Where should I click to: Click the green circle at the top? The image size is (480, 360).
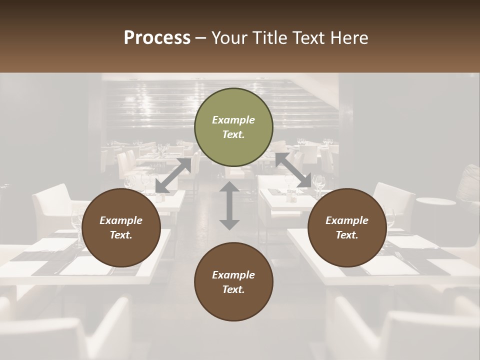click(233, 127)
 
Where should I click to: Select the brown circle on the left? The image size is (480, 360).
click(121, 227)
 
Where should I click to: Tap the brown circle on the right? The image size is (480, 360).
click(347, 227)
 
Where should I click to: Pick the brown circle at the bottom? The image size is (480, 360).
click(233, 282)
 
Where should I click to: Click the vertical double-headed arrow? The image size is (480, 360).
click(229, 206)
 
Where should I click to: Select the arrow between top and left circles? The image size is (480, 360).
click(173, 175)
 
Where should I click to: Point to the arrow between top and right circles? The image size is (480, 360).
click(293, 170)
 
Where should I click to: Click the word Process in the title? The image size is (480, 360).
click(157, 38)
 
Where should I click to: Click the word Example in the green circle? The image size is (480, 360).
click(233, 120)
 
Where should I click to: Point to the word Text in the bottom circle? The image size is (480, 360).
click(232, 289)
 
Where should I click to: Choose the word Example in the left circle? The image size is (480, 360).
click(121, 220)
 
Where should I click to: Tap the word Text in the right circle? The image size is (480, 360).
click(346, 235)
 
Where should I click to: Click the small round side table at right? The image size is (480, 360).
click(435, 202)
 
